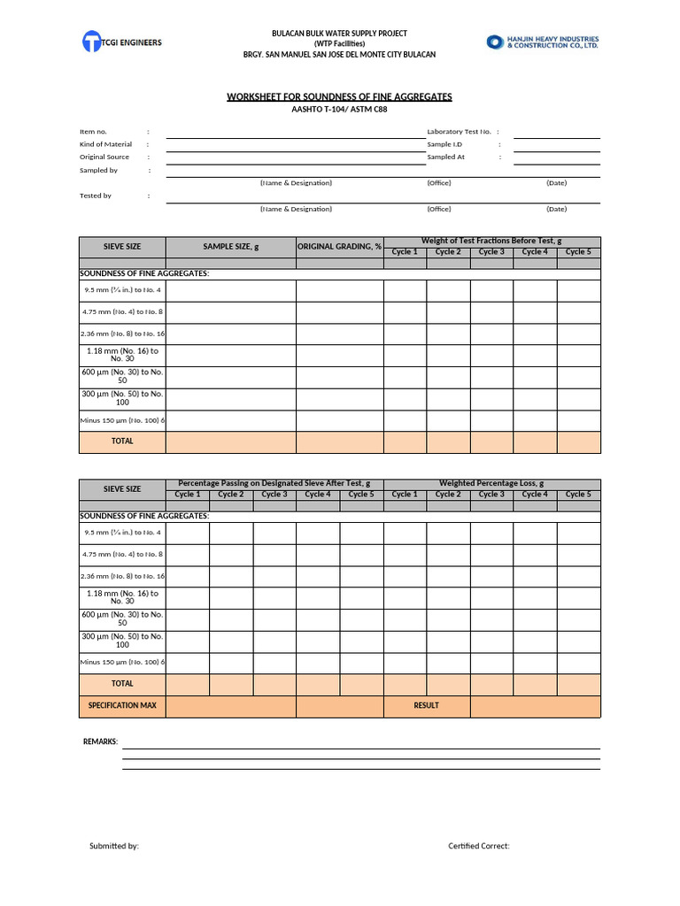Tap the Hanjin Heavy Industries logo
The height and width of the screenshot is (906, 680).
[x=543, y=42]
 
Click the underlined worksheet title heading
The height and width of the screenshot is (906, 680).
[x=339, y=96]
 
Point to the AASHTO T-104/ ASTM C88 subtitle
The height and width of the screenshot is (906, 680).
[x=339, y=110]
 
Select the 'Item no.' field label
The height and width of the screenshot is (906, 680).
[x=93, y=132]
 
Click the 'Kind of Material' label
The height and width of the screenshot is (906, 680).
[x=105, y=144]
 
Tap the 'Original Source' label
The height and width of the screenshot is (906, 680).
[x=104, y=157]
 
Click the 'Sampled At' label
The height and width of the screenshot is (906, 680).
[x=445, y=157]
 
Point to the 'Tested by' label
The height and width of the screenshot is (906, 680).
[x=96, y=196]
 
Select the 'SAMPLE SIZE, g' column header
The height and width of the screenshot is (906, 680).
[x=230, y=247]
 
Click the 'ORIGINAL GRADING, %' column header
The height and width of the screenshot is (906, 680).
[x=339, y=247]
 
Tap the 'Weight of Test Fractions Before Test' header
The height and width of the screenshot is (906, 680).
[x=491, y=242]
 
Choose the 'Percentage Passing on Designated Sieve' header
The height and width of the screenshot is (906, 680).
[x=274, y=484]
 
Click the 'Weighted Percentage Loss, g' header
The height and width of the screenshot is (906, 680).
[x=491, y=484]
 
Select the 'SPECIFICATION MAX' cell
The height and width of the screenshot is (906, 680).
[x=122, y=706]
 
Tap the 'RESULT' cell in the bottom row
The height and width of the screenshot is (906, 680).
[x=426, y=706]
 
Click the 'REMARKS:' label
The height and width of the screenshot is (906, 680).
[x=100, y=741]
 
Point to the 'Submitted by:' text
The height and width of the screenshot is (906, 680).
[x=114, y=847]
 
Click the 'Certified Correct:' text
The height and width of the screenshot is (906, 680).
[x=479, y=847]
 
